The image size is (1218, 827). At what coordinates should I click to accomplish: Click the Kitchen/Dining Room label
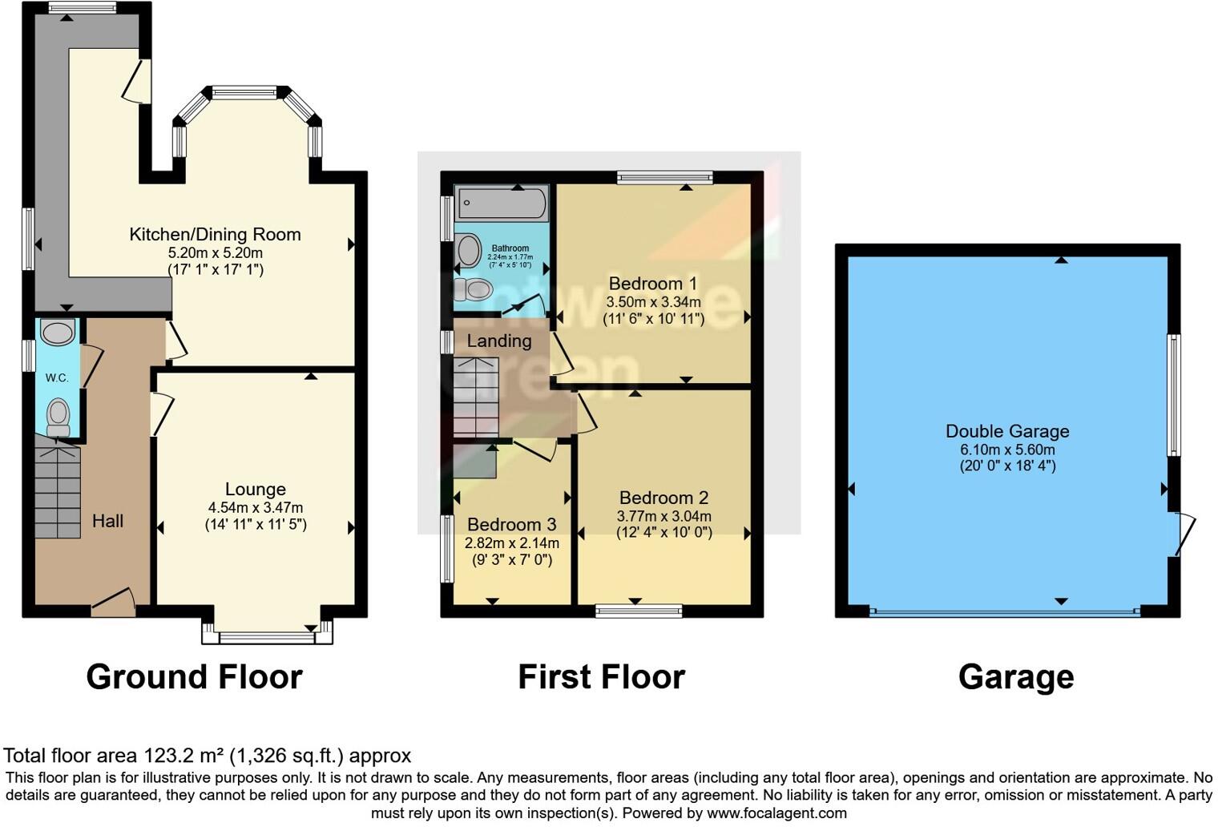[215, 235]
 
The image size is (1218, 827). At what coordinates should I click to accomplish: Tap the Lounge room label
[255, 490]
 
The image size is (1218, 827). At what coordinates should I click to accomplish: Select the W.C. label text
[57, 378]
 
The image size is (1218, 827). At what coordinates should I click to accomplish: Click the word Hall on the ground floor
[107, 522]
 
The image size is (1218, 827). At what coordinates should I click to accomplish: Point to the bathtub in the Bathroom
[502, 203]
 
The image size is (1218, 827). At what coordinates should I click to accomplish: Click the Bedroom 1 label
[652, 284]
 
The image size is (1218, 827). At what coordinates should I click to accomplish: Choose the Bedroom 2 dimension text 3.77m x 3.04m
[663, 516]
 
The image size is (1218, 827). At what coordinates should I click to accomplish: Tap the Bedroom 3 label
[511, 525]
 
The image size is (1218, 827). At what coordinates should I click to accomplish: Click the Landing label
[498, 341]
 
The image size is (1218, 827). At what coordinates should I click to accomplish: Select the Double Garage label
[1007, 432]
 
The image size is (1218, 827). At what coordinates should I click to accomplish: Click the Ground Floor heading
[194, 677]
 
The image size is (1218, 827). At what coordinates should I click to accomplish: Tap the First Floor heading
[601, 677]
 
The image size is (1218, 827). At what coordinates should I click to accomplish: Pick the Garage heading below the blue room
[1015, 677]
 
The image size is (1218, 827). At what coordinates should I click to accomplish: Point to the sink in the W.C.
[57, 332]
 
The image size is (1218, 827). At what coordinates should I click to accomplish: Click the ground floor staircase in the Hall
[57, 490]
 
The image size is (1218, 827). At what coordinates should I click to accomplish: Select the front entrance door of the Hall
[113, 603]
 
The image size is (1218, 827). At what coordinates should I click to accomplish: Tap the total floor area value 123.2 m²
[184, 756]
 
